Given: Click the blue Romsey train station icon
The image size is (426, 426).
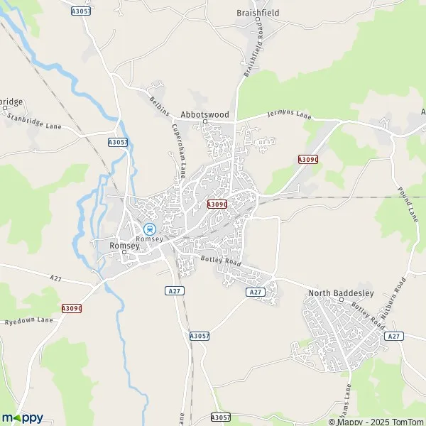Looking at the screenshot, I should pyautogui.click(x=149, y=229).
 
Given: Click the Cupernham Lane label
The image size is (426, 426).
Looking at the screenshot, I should pyautogui.click(x=178, y=151).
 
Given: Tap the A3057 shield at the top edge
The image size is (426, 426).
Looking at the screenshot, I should pyautogui.click(x=82, y=11).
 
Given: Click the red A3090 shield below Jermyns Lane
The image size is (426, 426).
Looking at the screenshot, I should pyautogui.click(x=308, y=160).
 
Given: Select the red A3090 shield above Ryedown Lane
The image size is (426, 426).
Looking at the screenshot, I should pyautogui.click(x=72, y=308).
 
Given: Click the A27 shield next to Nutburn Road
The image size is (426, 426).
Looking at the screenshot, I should pyautogui.click(x=395, y=336).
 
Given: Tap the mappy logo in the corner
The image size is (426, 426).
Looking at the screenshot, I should pyautogui.click(x=23, y=417).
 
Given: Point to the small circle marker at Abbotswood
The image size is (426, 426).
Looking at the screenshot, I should pyautogui.click(x=205, y=121).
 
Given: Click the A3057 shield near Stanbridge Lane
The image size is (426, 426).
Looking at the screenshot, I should pyautogui.click(x=118, y=142).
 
